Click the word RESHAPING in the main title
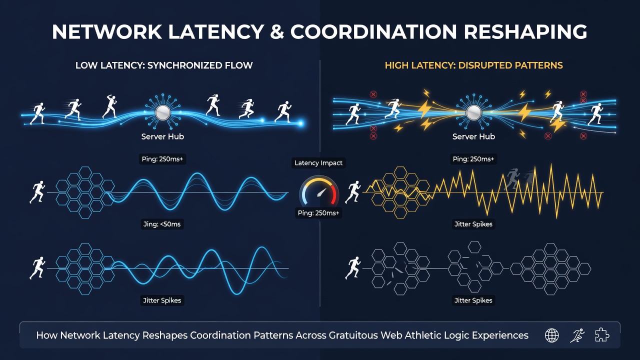point(525,31)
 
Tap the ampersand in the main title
point(277,31)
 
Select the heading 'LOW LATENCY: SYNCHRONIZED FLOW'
point(164,65)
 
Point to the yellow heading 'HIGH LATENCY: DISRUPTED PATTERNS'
point(473,65)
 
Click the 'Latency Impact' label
point(318,163)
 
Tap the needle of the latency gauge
point(321,192)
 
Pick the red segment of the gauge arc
point(334,193)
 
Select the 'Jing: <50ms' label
point(162,224)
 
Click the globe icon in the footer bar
point(551,335)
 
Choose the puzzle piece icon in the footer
point(601,335)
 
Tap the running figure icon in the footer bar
point(577,335)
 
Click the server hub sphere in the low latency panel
point(162,112)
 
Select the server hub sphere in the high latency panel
point(473,112)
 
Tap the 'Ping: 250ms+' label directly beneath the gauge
point(318,213)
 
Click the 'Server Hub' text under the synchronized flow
point(162,136)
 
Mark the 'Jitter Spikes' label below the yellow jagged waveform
point(473,224)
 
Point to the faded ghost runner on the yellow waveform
point(512,179)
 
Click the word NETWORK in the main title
point(106,31)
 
